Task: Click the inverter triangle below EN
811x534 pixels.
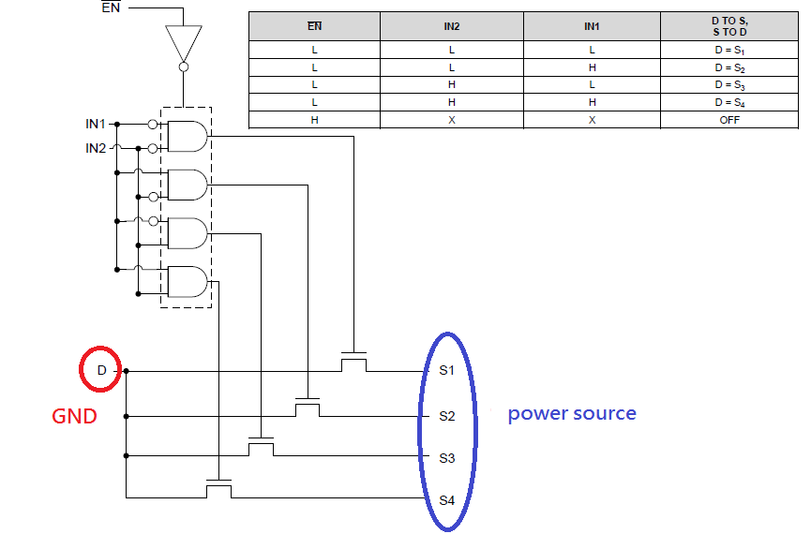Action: tap(183, 41)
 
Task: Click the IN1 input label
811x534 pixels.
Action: tap(96, 124)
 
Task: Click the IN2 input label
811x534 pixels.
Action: tap(96, 148)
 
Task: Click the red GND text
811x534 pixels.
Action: tap(74, 416)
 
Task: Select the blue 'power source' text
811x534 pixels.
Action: tap(572, 413)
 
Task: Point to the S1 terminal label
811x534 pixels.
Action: tap(447, 370)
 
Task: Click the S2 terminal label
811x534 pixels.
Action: tap(447, 415)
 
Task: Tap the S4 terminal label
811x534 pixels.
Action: tap(447, 500)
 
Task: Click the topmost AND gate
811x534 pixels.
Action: tap(188, 137)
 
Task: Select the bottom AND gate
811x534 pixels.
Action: tap(188, 281)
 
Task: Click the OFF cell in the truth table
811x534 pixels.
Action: tap(729, 120)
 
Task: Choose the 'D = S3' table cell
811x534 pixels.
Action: tap(729, 84)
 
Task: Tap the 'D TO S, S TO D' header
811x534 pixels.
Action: tap(729, 26)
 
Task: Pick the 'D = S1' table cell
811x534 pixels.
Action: tap(729, 49)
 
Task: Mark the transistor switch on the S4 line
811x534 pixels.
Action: tap(218, 489)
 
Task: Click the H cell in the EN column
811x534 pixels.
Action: tap(314, 120)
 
